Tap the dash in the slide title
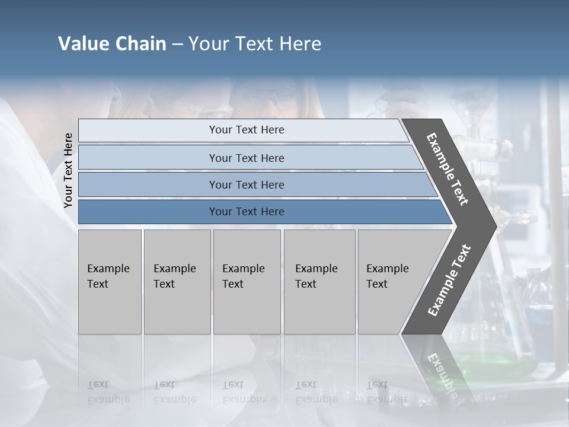click(x=177, y=44)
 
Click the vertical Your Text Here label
click(x=68, y=171)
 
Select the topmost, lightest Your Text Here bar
click(x=246, y=130)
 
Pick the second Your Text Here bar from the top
click(x=246, y=158)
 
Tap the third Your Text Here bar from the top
click(x=246, y=184)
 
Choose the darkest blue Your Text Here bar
click(x=246, y=212)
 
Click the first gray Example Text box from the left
click(x=110, y=282)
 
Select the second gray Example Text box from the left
click(x=177, y=282)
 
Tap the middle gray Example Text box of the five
click(x=246, y=282)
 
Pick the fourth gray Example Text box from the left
click(x=319, y=282)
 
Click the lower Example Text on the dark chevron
click(x=449, y=280)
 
